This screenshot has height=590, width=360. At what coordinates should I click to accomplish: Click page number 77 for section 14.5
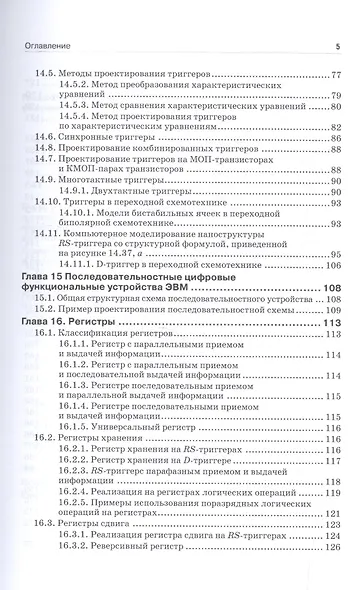(336, 76)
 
